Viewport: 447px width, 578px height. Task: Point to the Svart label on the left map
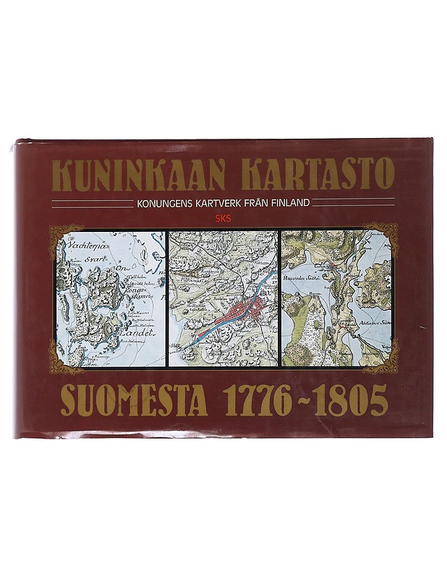tap(94, 256)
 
